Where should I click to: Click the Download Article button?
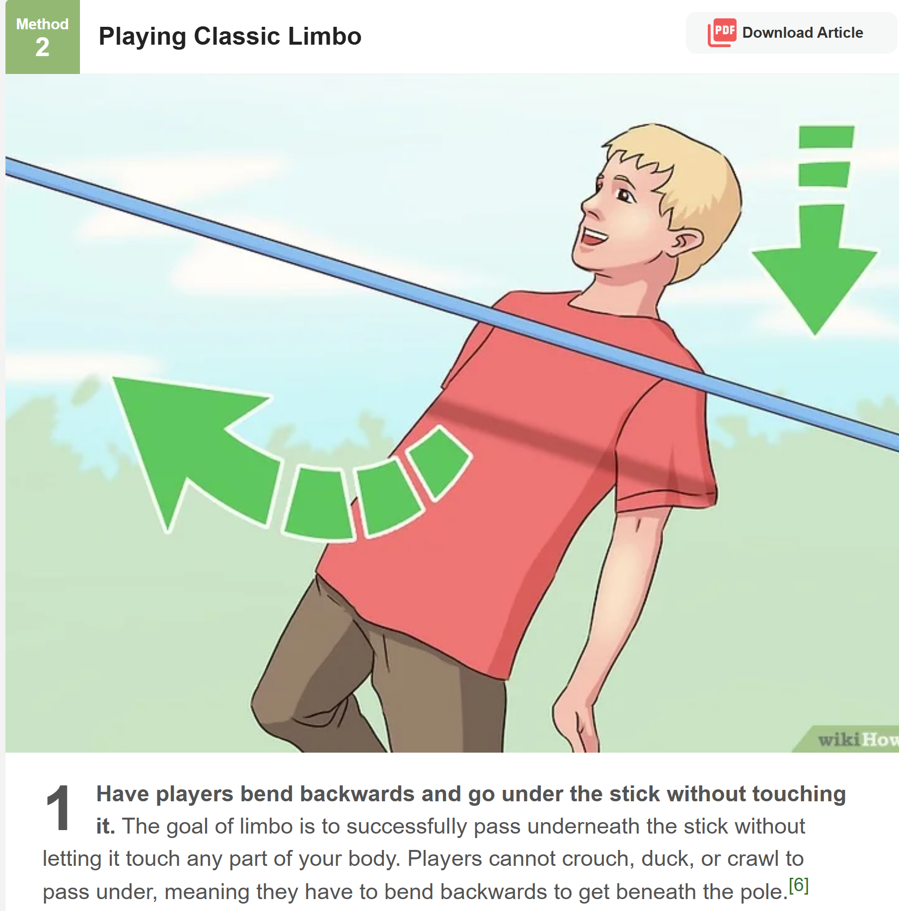(792, 33)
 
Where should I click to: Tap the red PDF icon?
(722, 32)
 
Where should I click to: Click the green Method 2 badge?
(43, 37)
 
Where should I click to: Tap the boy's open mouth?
(594, 237)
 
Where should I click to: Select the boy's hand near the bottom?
(576, 720)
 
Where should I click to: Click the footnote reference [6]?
(799, 885)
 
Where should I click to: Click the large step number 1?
(59, 808)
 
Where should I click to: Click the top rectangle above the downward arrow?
(826, 137)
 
